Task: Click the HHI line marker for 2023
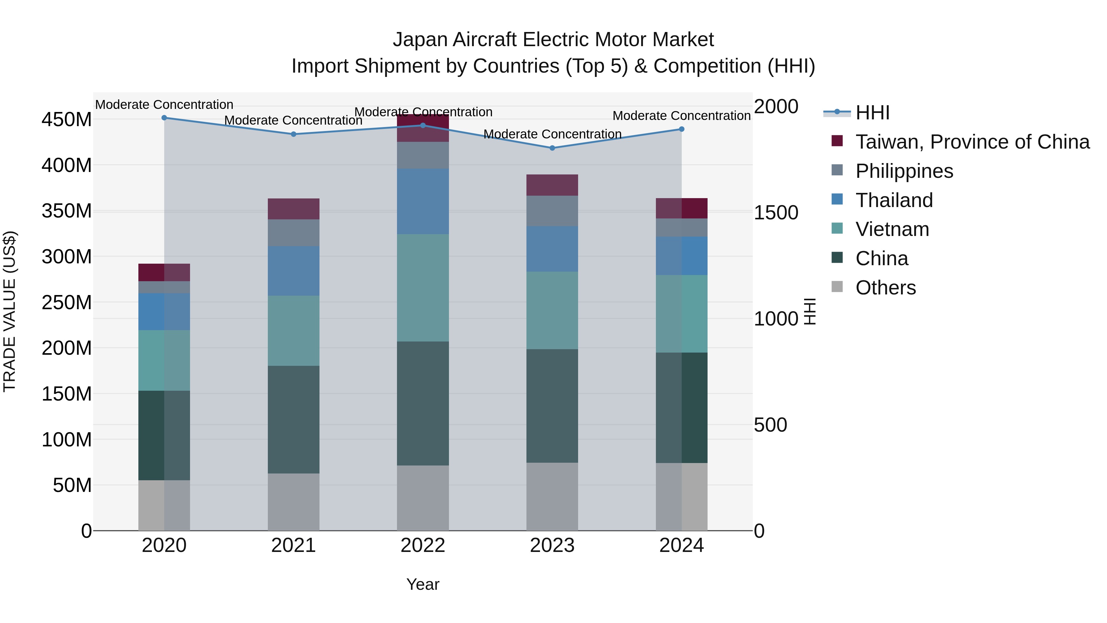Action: (x=552, y=148)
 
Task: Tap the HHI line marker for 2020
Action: (x=164, y=118)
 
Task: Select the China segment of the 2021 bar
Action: (x=294, y=419)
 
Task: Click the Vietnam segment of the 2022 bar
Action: (x=423, y=288)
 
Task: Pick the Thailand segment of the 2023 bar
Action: (x=552, y=249)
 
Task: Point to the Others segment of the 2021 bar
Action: (x=294, y=502)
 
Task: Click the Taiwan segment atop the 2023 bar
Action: (x=552, y=185)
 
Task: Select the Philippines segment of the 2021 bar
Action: (x=294, y=233)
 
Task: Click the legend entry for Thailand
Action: (x=894, y=200)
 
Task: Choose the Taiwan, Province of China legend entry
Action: (x=972, y=142)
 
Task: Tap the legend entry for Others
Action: (x=885, y=288)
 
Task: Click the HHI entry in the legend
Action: (x=872, y=113)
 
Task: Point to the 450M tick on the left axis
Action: (x=67, y=120)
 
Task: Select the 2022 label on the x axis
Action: (x=423, y=545)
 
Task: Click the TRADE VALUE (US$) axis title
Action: (x=10, y=311)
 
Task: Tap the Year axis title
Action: (x=423, y=584)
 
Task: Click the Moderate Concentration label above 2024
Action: (x=681, y=116)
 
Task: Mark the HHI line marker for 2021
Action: (x=294, y=134)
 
